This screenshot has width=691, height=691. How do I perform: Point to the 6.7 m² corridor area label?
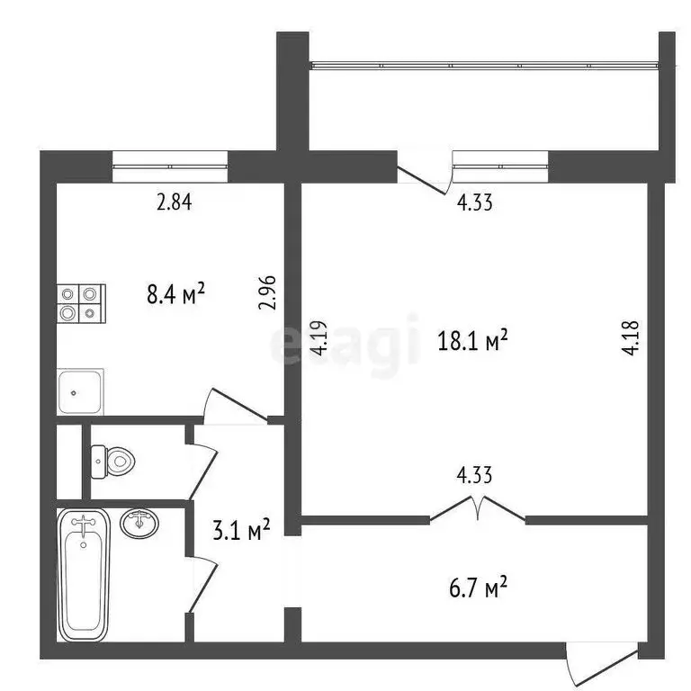point(479,588)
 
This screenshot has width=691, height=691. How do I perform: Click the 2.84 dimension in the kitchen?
point(175,202)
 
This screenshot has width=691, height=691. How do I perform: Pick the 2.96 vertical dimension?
point(265,292)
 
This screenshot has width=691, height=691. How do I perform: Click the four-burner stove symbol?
point(81,304)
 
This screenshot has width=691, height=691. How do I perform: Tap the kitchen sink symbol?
point(80,391)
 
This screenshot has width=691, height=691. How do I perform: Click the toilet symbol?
point(113,462)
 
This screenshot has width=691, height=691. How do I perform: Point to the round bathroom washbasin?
point(138,523)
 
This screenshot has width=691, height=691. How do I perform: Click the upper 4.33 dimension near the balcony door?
point(474,202)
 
